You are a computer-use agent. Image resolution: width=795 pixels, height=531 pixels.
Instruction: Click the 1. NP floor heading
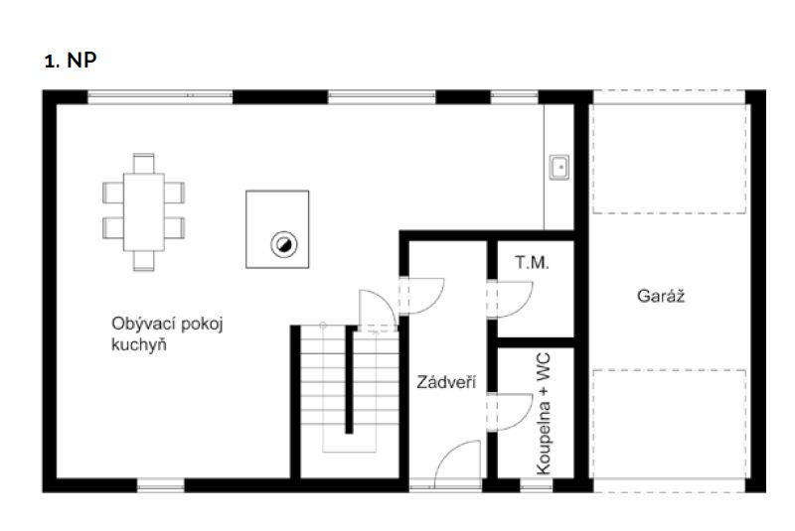pyautogui.click(x=71, y=61)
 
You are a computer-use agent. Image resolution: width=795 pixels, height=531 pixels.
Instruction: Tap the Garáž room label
pyautogui.click(x=660, y=296)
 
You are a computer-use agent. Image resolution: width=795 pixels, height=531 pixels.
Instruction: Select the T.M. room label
pyautogui.click(x=532, y=262)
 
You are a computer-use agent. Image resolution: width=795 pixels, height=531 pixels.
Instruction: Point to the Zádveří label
pyautogui.click(x=446, y=382)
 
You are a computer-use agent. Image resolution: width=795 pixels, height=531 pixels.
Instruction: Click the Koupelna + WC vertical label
pyautogui.click(x=543, y=414)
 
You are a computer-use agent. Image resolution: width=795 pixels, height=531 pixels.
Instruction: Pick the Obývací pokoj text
pyautogui.click(x=167, y=324)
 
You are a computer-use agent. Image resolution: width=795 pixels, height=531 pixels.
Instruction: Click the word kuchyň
pyautogui.click(x=139, y=345)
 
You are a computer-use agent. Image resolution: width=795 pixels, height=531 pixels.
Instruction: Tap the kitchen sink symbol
pyautogui.click(x=558, y=167)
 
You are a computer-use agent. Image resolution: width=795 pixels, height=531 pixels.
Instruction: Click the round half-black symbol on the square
pyautogui.click(x=283, y=245)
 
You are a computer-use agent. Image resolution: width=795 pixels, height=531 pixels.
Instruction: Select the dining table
pyautogui.click(x=143, y=212)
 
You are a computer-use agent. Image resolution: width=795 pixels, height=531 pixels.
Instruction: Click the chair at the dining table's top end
pyautogui.click(x=143, y=164)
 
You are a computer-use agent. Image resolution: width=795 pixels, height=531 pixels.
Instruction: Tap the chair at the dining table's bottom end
pyautogui.click(x=143, y=261)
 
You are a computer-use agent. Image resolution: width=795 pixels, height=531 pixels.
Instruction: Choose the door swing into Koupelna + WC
pyautogui.click(x=523, y=421)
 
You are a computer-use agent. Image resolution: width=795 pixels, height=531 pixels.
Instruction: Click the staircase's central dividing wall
pyautogui.click(x=349, y=379)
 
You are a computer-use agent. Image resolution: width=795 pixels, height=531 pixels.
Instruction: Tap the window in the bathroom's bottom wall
pyautogui.click(x=537, y=486)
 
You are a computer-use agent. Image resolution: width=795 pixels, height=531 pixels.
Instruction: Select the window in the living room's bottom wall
pyautogui.click(x=161, y=486)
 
